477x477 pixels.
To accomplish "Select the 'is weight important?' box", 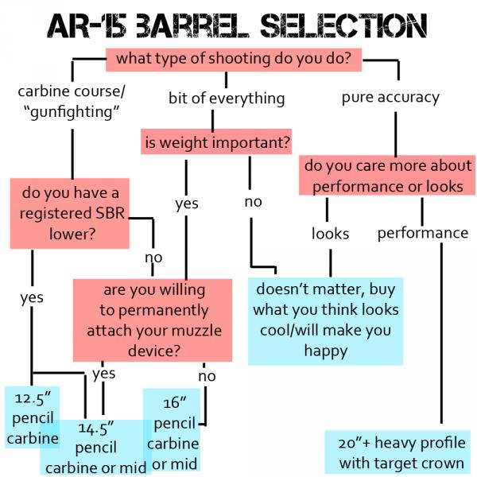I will click(x=216, y=143).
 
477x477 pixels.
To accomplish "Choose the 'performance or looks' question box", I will click(x=387, y=176).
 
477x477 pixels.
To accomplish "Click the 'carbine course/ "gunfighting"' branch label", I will click(x=72, y=101).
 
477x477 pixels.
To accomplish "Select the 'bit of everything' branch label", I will click(x=227, y=99).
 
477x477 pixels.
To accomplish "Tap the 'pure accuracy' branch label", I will click(x=390, y=97).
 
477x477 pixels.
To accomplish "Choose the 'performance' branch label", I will click(x=422, y=233).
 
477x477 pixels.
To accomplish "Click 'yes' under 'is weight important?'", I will click(x=187, y=204).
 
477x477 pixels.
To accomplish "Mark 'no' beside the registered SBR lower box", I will click(x=153, y=257).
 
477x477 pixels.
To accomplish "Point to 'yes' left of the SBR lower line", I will click(x=32, y=297).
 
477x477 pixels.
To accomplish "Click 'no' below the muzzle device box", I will click(x=206, y=375).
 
